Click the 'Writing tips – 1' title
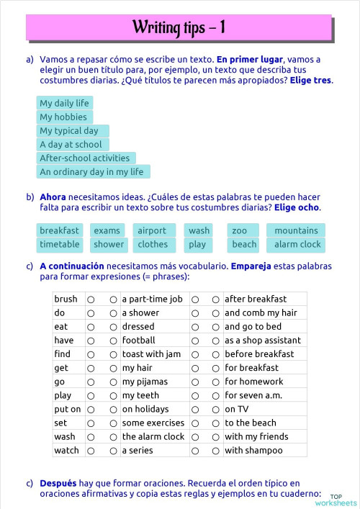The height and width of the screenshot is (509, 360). pos(179,28)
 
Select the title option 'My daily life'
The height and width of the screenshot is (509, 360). pos(65,103)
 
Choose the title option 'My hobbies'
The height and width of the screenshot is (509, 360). pos(63,117)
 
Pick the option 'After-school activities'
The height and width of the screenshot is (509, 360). pos(85,158)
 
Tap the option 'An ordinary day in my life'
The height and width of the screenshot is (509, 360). pos(92,171)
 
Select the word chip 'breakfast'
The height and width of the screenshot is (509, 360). pos(60,230)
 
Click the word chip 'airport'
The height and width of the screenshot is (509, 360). pos(152,230)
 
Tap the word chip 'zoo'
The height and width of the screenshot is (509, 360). pos(240,230)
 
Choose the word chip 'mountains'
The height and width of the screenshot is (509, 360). pos(296,230)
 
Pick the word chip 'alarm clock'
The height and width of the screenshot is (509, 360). pos(297,244)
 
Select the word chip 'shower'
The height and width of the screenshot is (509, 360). pos(109,244)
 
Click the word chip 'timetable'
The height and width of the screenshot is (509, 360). pos(60,244)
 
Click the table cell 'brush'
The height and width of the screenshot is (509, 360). pos(66,299)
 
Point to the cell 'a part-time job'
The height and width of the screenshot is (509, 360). pos(152,299)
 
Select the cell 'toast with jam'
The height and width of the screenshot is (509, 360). pos(151,354)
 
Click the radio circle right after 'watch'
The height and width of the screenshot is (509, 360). pos(91,451)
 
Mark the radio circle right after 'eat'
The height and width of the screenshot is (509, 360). pos(91,327)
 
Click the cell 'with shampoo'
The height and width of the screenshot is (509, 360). pos(253,451)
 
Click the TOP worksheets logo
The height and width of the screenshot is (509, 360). pos(343,499)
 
